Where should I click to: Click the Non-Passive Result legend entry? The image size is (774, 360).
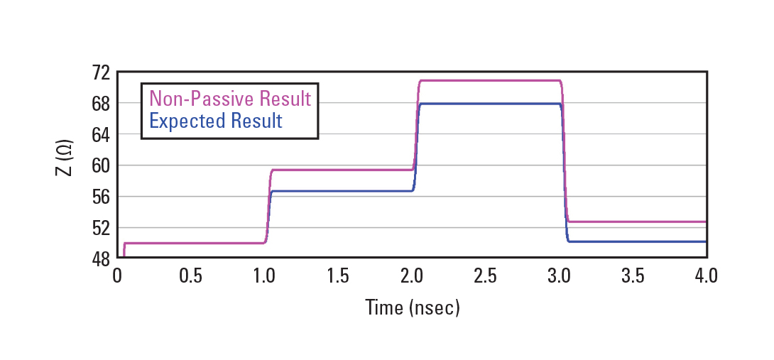[230, 98]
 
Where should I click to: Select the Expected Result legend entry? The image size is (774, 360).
[216, 121]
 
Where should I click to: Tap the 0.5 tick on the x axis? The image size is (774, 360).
[190, 276]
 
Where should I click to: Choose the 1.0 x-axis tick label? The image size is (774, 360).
[264, 276]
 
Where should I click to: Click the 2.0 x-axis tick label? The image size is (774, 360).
[412, 276]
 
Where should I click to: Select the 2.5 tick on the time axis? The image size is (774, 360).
[485, 276]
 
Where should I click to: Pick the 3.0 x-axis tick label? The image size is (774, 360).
[559, 276]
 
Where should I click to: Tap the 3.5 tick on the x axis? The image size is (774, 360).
[633, 276]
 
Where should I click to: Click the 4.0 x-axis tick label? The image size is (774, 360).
[707, 276]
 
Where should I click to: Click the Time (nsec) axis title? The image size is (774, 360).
[412, 307]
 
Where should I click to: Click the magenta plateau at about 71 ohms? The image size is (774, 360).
[490, 80]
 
